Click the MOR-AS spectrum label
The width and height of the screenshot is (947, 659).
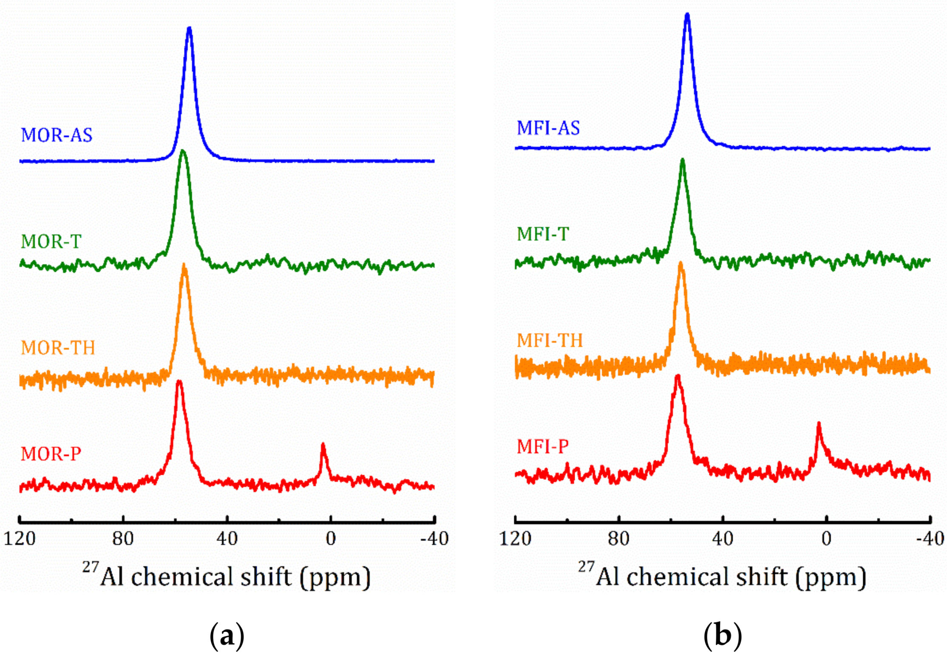[x=57, y=135]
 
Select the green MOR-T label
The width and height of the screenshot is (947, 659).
[x=51, y=242]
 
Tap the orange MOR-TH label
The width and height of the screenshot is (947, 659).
[x=58, y=348]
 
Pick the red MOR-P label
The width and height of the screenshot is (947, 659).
[x=51, y=454]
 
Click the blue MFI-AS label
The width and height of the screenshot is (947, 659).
[x=548, y=128]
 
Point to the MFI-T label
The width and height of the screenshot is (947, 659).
[x=542, y=234]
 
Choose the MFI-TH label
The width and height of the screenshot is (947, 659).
[x=550, y=341]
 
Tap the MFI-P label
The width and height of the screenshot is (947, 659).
[x=542, y=446]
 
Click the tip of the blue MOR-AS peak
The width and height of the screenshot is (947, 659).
[x=189, y=29]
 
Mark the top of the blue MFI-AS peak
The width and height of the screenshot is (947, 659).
[x=687, y=15]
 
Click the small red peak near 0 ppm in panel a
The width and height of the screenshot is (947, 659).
[x=323, y=445]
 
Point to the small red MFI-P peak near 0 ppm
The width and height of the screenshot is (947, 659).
[x=819, y=424]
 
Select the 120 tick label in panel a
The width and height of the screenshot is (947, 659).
[x=20, y=539]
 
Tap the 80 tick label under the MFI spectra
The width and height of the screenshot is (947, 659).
[x=618, y=539]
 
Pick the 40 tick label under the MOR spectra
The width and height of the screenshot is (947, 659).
[x=227, y=539]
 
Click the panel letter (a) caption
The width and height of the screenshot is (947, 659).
[x=227, y=636]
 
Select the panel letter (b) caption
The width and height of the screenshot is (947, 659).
[x=723, y=636]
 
